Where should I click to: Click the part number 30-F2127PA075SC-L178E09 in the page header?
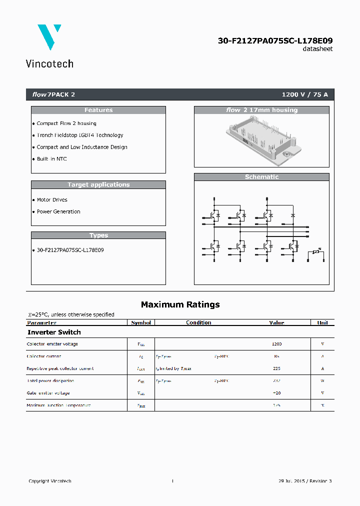pos(275,40)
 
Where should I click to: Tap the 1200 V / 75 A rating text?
pos(304,94)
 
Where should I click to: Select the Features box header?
pos(98,110)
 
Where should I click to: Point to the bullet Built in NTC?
pos(51,159)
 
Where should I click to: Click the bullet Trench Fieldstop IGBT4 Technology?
pos(79,135)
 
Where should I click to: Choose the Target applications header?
pos(98,184)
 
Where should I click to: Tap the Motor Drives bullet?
pos(52,199)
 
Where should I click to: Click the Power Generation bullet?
pos(58,211)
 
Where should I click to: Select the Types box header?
pos(98,235)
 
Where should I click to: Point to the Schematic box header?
pos(261,177)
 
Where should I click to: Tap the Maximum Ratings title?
pos(180,304)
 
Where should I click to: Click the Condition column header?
pos(198,323)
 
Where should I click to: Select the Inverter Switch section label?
pos(54,332)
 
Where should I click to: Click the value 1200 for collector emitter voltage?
pos(276,344)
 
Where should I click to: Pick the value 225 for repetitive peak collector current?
pos(276,368)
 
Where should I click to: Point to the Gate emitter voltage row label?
pos(48,393)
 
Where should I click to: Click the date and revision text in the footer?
pos(304,481)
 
